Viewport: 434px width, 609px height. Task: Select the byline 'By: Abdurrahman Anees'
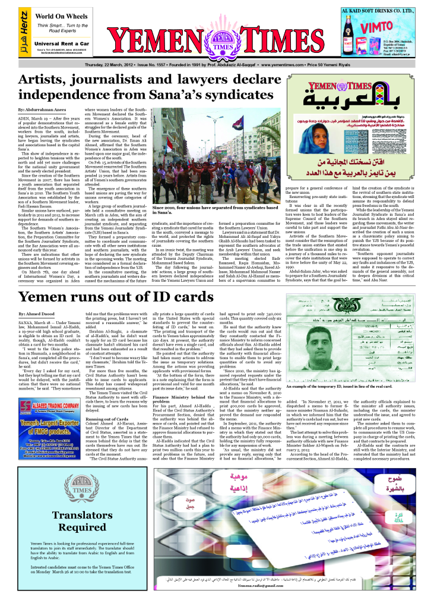(42, 110)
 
